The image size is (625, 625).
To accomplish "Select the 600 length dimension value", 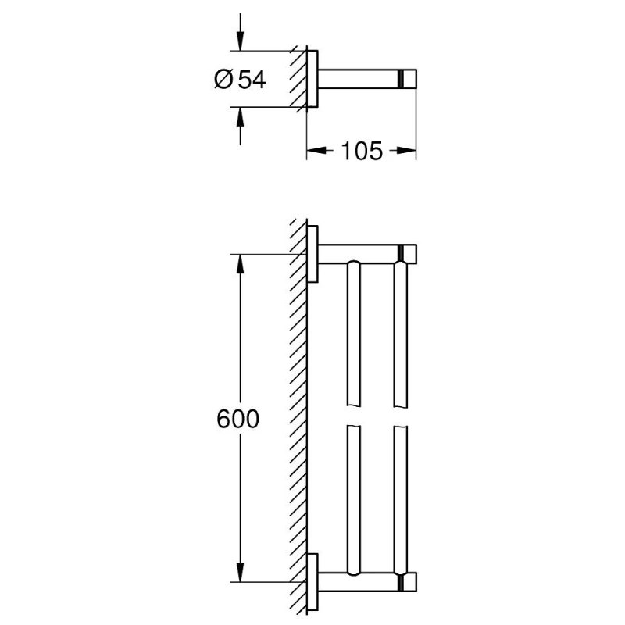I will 237,420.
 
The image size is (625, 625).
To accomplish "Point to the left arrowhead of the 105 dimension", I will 311,151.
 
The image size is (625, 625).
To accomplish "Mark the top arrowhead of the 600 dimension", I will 240,259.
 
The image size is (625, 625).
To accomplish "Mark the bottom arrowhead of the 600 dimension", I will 240,576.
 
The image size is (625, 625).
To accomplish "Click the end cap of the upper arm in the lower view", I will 408,254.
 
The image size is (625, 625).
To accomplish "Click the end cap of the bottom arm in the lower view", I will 408,581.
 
